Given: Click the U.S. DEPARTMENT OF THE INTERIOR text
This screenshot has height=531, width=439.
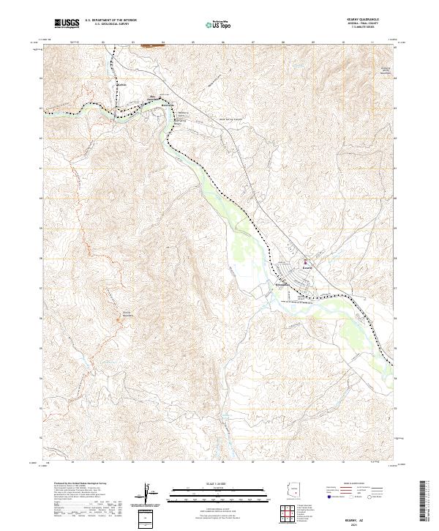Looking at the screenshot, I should [x=110, y=21].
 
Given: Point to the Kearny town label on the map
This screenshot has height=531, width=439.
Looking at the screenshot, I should [x=307, y=268].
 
